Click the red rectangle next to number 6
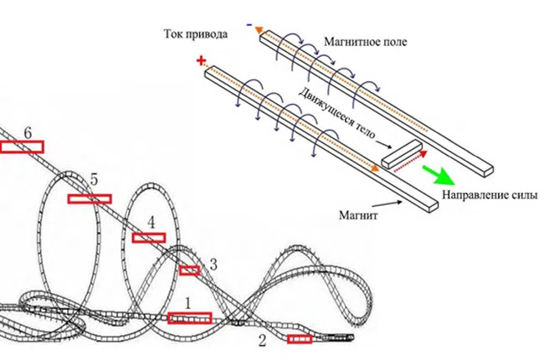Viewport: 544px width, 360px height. coord(22,147)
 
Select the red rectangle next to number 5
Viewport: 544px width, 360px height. coord(89,198)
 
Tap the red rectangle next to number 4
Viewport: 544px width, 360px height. coord(150,238)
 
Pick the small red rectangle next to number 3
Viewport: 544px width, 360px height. coord(190,270)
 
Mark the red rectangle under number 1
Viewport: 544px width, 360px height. coord(189,317)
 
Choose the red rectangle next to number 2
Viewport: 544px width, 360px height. coord(300,339)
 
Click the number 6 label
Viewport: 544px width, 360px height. coord(28,133)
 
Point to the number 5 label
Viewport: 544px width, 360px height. coord(94,179)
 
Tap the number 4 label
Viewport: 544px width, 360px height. coord(151,222)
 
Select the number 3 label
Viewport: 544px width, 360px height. coord(213,265)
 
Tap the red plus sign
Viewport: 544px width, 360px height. coord(200,60)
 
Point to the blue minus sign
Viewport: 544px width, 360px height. coord(249,25)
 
